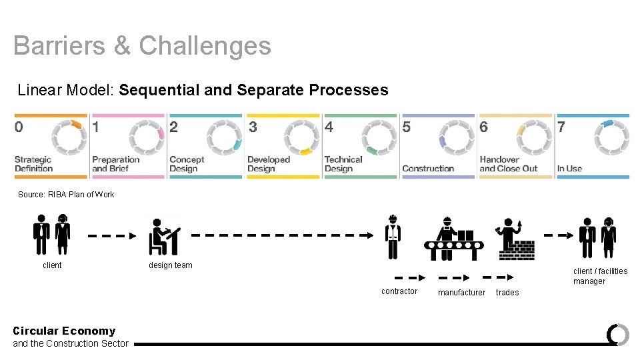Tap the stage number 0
[x=19, y=127]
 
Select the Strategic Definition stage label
[x=33, y=164]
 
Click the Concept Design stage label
[x=187, y=164]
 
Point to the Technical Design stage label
[x=343, y=164]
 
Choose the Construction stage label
[x=428, y=169]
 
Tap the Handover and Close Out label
[x=509, y=164]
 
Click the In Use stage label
[x=569, y=169]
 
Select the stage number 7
[x=561, y=127]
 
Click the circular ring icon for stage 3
[x=302, y=138]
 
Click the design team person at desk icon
[x=163, y=237]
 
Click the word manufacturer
[x=461, y=293]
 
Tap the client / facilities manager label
[x=600, y=276]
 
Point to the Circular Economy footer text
[x=64, y=331]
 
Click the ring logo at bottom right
[x=618, y=334]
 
